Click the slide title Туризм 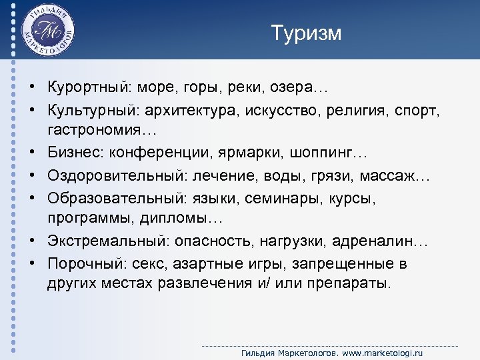306,33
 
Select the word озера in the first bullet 300,89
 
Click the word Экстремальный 103,241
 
